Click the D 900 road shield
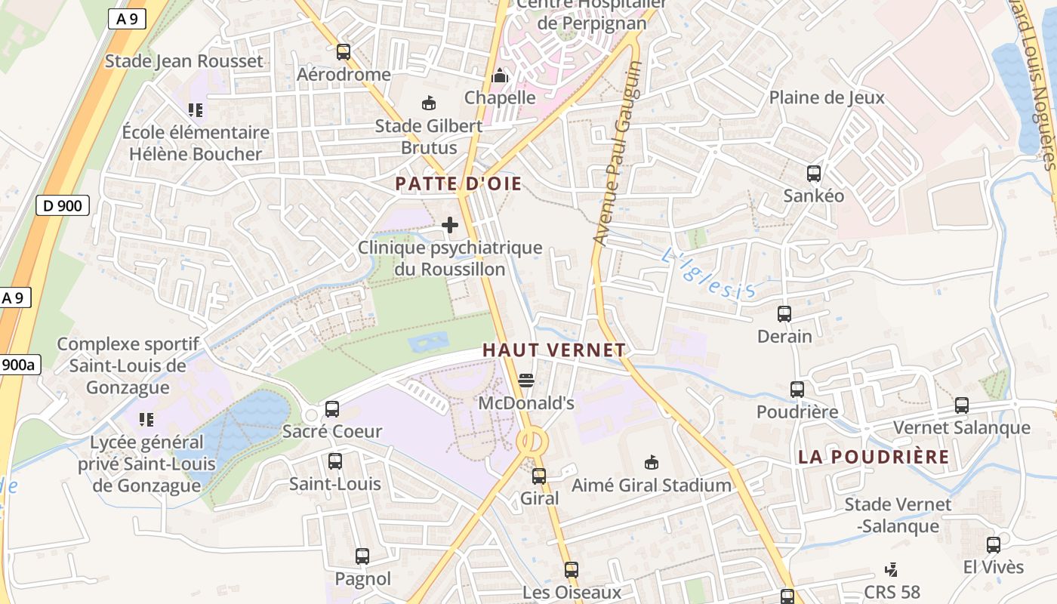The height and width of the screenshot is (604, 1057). coord(63,205)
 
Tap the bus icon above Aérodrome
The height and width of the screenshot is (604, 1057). coord(344,52)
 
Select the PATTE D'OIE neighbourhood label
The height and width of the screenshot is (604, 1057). coord(458,183)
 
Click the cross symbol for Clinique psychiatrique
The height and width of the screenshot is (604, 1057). coord(450,225)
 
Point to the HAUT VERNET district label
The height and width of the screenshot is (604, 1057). coord(554,350)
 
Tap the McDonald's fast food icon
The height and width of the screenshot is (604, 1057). coord(526,380)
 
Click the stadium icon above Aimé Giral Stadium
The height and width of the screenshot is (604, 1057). coord(651,462)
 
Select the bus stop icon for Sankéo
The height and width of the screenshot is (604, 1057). coord(814,174)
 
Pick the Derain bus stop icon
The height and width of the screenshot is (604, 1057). coord(784,313)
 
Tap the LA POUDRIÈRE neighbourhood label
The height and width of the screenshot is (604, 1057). coord(874,457)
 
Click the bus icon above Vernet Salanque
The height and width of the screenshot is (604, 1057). coord(962,405)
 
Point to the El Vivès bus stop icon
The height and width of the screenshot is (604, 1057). coord(994,544)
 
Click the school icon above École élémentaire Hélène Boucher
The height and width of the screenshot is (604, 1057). coord(196,110)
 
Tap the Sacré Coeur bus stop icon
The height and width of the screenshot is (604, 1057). coord(332,409)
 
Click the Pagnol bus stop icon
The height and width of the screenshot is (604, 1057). coord(362,556)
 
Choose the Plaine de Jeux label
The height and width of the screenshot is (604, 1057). coord(827,97)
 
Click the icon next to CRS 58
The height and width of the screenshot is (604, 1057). coord(892,570)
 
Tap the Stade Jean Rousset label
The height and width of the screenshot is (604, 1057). coord(183,61)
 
